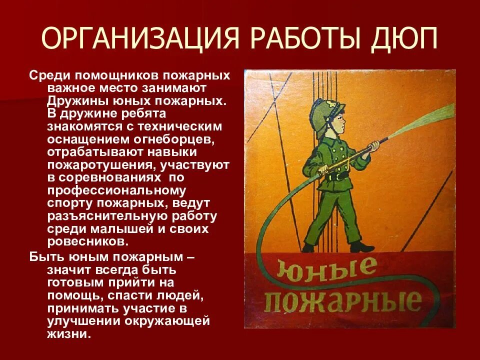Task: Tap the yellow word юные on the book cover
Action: click(329, 270)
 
